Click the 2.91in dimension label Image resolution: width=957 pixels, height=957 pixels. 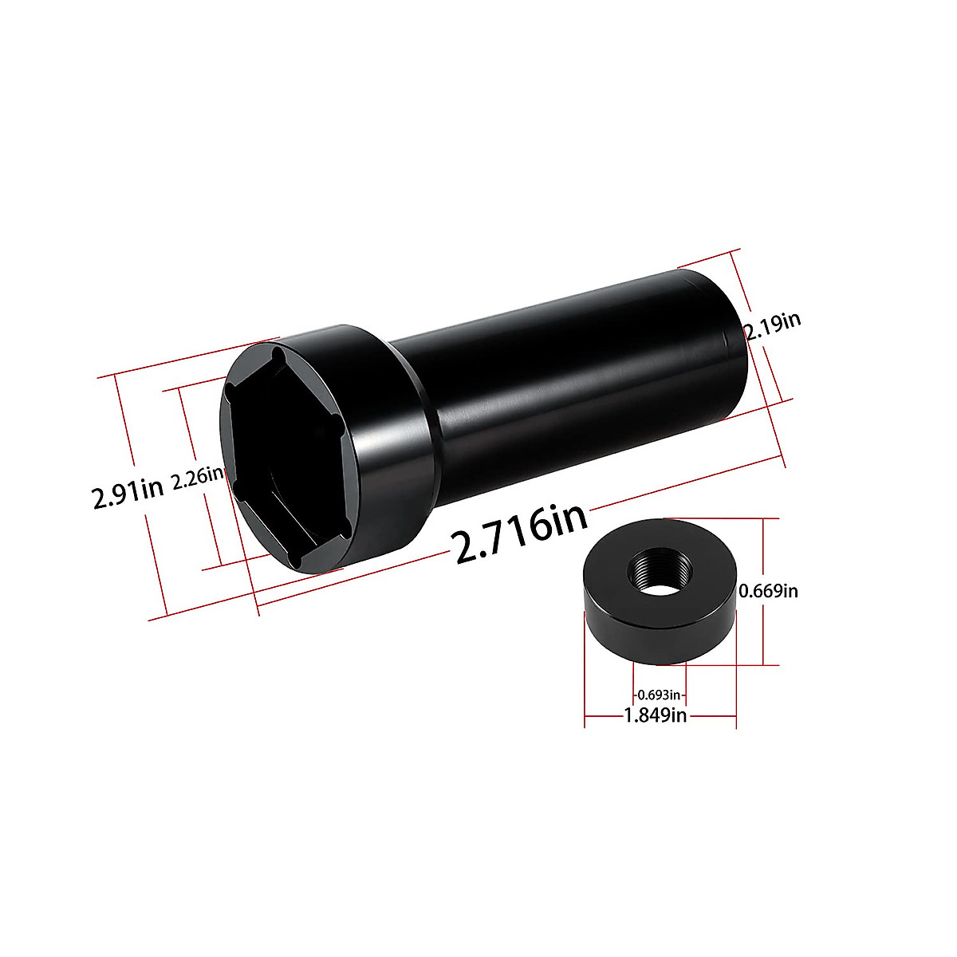pyautogui.click(x=128, y=498)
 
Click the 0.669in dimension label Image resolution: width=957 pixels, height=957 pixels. pyautogui.click(x=768, y=591)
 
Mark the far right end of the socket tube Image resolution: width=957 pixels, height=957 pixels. pyautogui.click(x=730, y=343)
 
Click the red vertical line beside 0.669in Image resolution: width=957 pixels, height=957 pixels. pyautogui.click(x=764, y=630)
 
